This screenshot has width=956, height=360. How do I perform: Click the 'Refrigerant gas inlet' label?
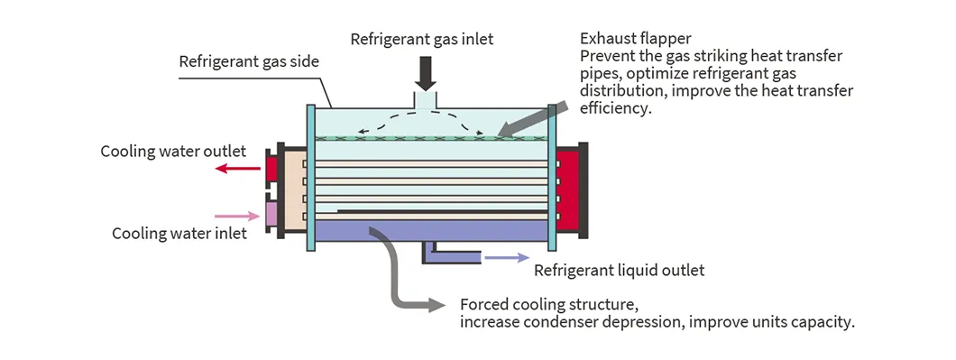(x=422, y=39)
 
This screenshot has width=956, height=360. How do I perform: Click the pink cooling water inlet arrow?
(x=238, y=216)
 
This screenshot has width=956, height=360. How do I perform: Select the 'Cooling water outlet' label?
(x=173, y=151)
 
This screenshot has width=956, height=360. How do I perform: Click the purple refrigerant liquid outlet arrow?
(x=507, y=257)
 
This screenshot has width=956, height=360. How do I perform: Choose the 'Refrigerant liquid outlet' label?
(x=619, y=271)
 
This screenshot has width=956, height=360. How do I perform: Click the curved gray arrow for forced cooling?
(x=397, y=271)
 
